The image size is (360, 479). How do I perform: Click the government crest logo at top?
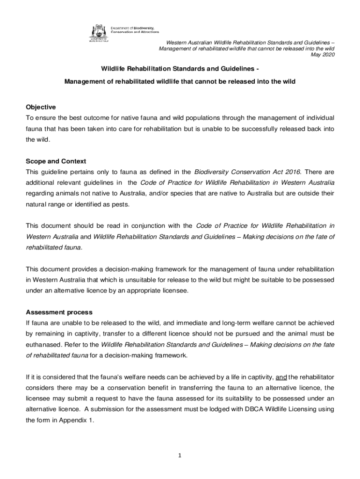click(98, 32)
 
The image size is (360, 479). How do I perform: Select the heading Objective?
click(41, 107)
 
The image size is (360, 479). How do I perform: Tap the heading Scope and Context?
click(56, 161)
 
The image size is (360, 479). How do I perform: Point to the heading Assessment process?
click(59, 312)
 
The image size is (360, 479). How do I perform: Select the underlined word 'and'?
click(281, 377)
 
